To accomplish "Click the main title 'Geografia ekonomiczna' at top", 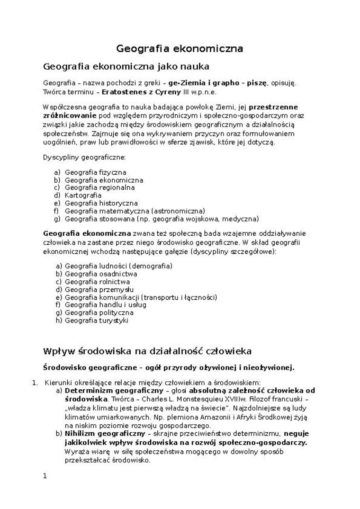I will point(180,48).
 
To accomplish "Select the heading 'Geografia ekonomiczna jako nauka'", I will point(126,66).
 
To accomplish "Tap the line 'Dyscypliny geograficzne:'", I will point(84,157).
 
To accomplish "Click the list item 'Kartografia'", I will point(83,195).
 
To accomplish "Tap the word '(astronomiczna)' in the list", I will point(178,210).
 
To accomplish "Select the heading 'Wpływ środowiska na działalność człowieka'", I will point(147,351).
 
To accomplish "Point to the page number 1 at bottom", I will point(45,476).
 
